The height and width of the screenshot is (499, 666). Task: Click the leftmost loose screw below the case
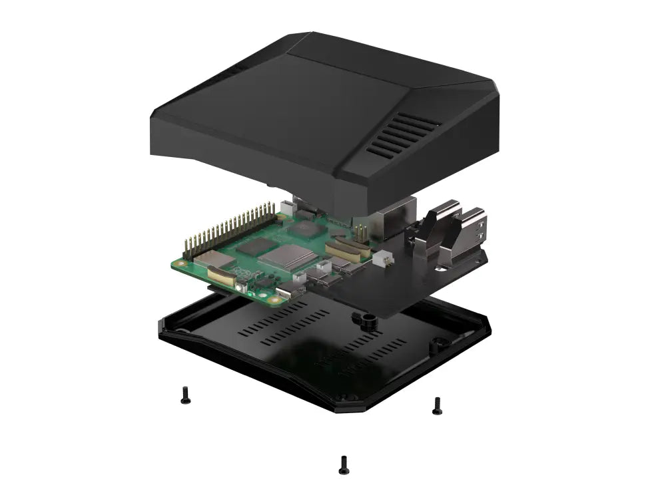tap(185, 396)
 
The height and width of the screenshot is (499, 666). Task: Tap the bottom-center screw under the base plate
tap(344, 464)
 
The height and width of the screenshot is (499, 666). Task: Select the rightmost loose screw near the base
tap(437, 405)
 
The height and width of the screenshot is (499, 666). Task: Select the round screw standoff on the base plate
tap(366, 320)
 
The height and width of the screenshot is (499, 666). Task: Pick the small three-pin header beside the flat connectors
tap(360, 233)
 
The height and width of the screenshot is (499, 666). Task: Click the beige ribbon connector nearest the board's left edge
tap(220, 275)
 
